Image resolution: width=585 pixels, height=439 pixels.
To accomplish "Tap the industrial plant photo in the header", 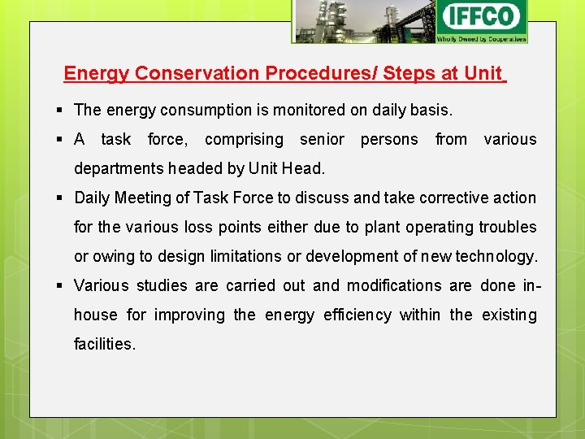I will pyautogui.click(x=364, y=21).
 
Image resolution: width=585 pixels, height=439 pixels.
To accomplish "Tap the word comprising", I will pyautogui.click(x=244, y=139).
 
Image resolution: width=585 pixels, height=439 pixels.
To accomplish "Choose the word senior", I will pyautogui.click(x=322, y=139).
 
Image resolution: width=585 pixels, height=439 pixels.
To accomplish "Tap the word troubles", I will pyautogui.click(x=509, y=227).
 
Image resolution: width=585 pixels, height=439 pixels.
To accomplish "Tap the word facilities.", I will pyautogui.click(x=105, y=344).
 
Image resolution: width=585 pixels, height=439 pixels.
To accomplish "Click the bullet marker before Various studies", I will pyautogui.click(x=62, y=285).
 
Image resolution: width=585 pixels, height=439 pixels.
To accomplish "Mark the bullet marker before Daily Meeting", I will pyautogui.click(x=62, y=198).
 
